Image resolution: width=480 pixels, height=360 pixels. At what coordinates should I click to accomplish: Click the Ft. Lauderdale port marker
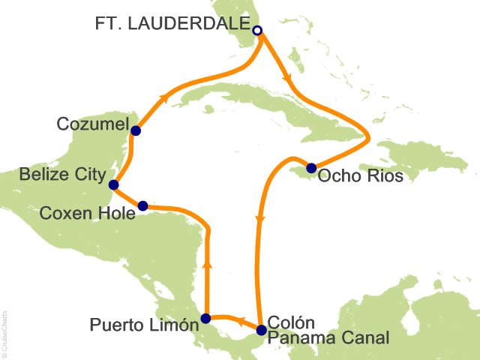(x=257, y=31)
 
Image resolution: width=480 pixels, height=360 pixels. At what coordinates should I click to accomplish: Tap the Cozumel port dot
(x=136, y=130)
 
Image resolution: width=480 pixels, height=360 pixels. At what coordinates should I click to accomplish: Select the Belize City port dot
(x=113, y=184)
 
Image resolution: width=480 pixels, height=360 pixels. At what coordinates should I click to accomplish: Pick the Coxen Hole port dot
(x=142, y=205)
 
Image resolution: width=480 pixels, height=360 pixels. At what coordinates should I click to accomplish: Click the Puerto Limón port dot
(x=205, y=318)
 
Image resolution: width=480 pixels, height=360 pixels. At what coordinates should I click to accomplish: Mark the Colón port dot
(x=261, y=330)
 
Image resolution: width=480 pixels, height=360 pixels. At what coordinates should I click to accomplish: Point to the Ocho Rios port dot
(x=311, y=167)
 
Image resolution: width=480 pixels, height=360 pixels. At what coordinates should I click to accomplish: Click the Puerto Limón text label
(x=145, y=325)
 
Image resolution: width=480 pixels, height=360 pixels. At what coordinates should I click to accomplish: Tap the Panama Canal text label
(x=329, y=339)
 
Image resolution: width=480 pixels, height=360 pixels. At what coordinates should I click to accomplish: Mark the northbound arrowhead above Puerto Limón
(x=207, y=264)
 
